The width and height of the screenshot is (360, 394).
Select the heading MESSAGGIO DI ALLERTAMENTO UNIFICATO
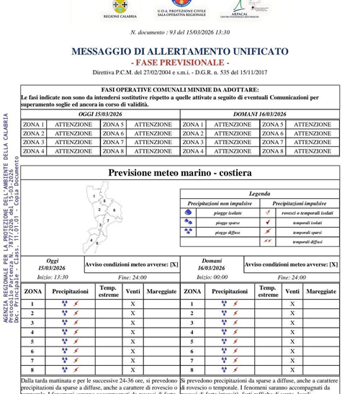[180, 52]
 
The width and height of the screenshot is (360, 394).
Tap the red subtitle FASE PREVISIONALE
[180, 63]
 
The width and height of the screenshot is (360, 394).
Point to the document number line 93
[180, 32]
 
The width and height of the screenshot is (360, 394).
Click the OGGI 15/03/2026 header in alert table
[100, 115]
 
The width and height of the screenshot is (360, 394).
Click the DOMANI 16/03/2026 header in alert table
[260, 115]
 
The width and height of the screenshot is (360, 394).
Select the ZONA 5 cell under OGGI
[113, 125]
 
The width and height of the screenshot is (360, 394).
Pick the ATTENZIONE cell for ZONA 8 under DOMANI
[312, 151]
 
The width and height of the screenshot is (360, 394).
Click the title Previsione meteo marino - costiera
[180, 173]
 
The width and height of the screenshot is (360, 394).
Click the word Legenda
[259, 194]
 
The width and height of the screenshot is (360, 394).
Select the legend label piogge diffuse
[228, 233]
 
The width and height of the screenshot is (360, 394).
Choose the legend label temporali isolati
[307, 223]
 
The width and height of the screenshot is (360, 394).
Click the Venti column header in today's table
[132, 291]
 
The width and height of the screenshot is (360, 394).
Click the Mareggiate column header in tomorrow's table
[321, 291]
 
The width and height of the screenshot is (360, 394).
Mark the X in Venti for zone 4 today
[132, 332]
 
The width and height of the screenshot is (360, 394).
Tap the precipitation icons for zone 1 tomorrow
[230, 304]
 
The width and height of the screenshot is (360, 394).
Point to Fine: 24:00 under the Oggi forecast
[132, 277]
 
